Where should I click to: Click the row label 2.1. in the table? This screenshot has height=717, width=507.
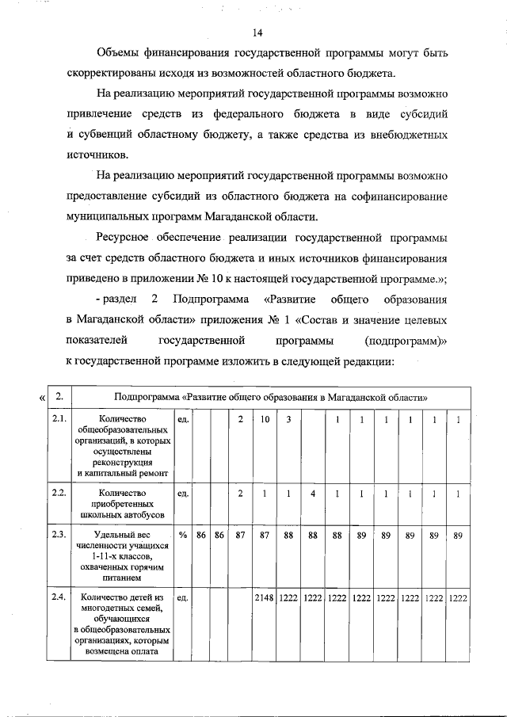tap(58, 418)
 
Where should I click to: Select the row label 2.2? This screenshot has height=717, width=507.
tap(58, 492)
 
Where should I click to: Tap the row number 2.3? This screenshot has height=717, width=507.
tap(58, 535)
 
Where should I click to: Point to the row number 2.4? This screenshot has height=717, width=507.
tap(58, 597)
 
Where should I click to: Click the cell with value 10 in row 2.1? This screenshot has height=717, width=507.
tap(265, 418)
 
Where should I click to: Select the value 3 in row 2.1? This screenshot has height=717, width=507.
tap(289, 418)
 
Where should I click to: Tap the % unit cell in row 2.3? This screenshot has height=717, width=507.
tap(182, 535)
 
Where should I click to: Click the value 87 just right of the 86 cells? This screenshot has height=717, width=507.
tap(240, 535)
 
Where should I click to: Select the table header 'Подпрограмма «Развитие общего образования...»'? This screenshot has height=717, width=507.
tap(271, 395)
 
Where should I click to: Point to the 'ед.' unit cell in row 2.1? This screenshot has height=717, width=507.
tap(182, 418)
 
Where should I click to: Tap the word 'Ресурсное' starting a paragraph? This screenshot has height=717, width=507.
tap(123, 237)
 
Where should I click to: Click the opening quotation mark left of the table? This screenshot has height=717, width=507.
tap(42, 397)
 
